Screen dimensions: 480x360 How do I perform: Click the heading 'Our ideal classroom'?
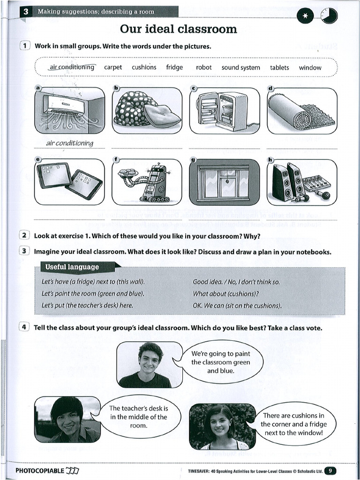179,29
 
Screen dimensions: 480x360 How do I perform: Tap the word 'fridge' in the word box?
174,67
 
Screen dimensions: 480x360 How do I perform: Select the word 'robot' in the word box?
204,67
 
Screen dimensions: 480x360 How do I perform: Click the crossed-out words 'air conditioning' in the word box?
72,67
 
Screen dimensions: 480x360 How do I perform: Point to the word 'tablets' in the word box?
279,67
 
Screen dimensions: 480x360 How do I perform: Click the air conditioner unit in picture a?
64,105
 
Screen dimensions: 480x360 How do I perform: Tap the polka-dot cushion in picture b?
136,108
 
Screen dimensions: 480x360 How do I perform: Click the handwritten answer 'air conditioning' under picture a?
69,143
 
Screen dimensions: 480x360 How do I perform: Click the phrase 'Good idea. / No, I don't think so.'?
236,282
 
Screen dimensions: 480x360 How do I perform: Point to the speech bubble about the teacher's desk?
138,417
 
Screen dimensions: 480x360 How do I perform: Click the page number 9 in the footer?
330,471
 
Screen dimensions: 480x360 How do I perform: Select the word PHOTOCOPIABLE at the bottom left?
39,471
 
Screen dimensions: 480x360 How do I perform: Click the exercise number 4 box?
25,327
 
